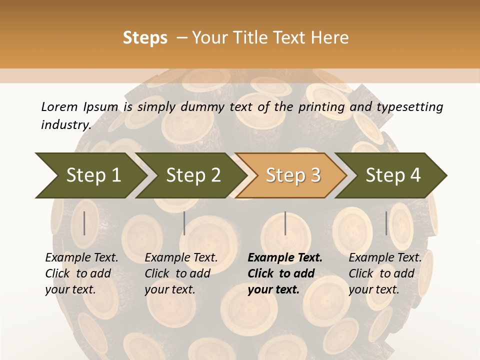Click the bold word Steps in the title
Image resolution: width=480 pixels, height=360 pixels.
tap(145, 38)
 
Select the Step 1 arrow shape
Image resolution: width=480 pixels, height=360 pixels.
tap(90, 175)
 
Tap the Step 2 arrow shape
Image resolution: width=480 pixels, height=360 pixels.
tap(193, 175)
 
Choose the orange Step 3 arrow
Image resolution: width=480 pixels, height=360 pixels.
tap(293, 175)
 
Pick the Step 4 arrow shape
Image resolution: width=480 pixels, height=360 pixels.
tap(393, 175)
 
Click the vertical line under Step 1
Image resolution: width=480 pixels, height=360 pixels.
tap(84, 223)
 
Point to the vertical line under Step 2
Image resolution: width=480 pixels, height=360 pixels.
tap(184, 223)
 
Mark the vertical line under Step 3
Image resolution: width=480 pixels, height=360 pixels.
tap(285, 223)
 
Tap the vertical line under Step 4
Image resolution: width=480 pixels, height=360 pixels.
tap(386, 223)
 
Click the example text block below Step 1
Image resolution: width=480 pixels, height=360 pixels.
tap(81, 273)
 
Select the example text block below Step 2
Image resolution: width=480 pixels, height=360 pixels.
tap(181, 273)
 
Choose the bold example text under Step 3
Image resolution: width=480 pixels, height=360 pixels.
tap(285, 273)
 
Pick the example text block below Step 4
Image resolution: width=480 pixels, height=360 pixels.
tap(385, 273)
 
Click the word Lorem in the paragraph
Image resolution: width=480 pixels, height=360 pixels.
tap(59, 106)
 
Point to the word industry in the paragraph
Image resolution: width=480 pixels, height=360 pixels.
tap(65, 125)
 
